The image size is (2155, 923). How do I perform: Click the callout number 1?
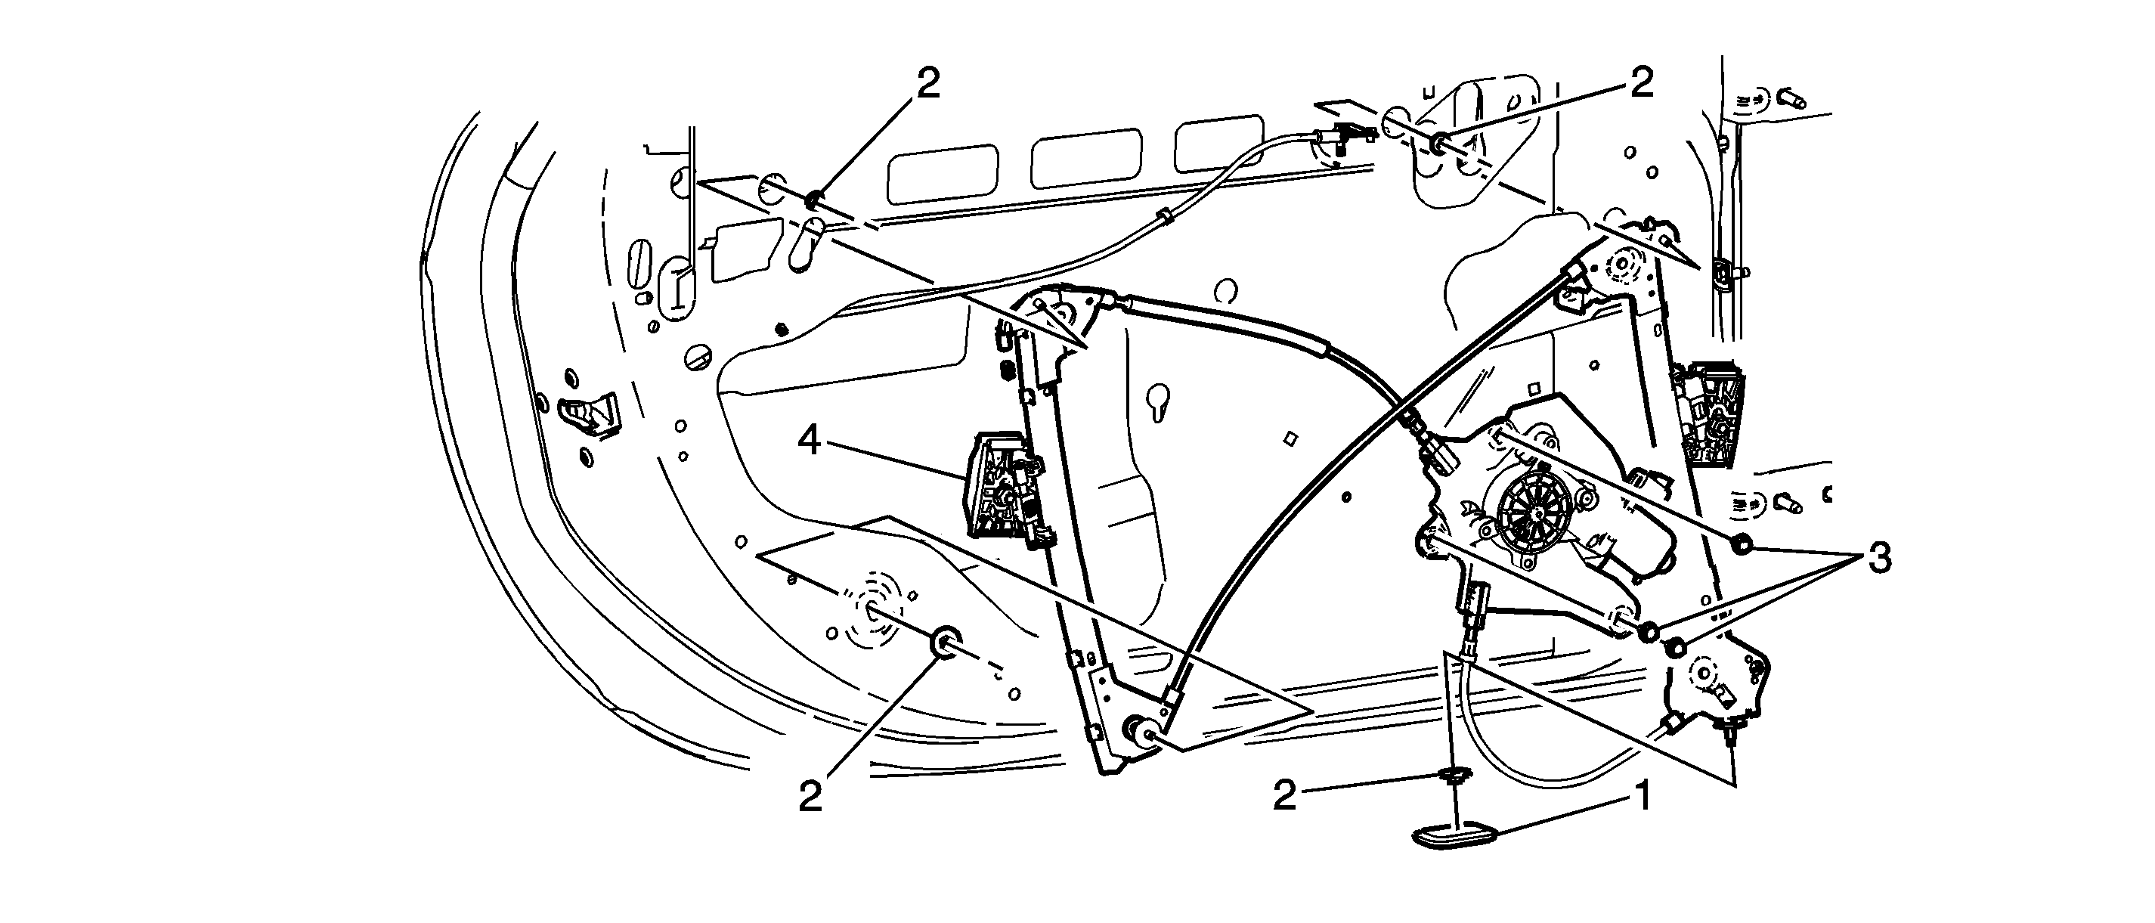click(1643, 797)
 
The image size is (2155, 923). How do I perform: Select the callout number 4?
click(809, 441)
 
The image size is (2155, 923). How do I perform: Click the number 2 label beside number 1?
click(1285, 797)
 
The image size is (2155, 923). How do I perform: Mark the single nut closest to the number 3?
click(1740, 545)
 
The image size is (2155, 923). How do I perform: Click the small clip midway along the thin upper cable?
click(1166, 219)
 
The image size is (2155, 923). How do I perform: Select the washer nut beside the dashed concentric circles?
click(945, 640)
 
